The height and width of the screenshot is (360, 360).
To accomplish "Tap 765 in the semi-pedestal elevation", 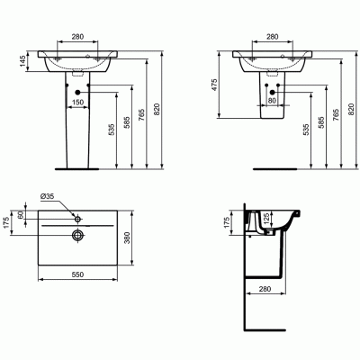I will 333,116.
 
